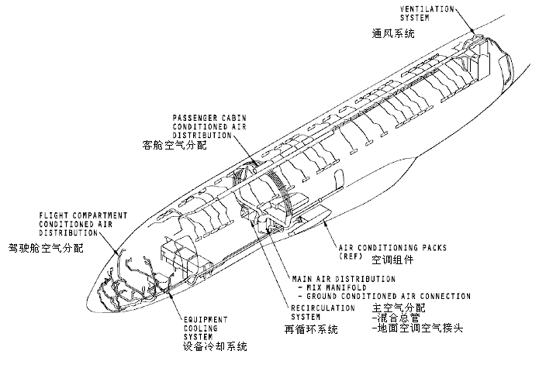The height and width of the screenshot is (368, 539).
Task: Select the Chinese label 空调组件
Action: click(x=390, y=260)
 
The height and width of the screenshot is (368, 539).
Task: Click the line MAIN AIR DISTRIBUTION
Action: click(x=343, y=278)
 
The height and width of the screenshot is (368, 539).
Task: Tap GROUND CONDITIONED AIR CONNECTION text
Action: click(x=385, y=296)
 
